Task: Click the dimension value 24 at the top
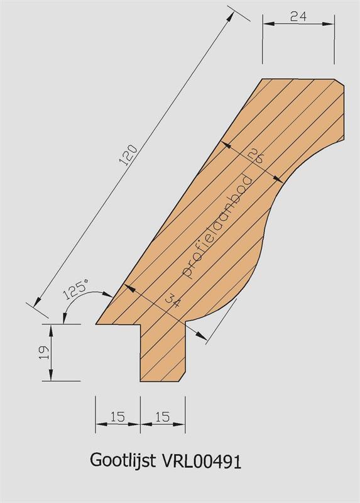coord(298,16)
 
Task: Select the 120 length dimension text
coord(128,155)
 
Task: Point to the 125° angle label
coord(76,289)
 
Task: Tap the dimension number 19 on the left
coord(45,352)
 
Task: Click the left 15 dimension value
coord(117,417)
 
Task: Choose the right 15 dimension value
coord(163,417)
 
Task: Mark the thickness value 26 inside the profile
coord(256,156)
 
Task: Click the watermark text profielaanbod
coord(217,226)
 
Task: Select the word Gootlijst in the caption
coord(123,461)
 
